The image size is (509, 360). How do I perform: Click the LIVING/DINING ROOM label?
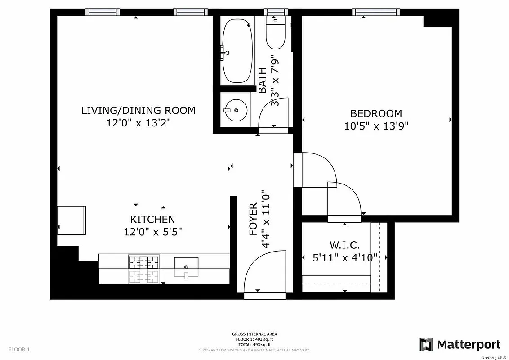click(138, 110)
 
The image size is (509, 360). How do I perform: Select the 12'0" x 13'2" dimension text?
click(138, 123)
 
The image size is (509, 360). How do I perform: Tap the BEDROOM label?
click(376, 113)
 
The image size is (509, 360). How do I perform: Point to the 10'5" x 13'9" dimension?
click(376, 126)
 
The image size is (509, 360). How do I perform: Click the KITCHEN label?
click(152, 220)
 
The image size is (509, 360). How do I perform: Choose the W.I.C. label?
click(345, 245)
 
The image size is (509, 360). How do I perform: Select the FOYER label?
click(254, 220)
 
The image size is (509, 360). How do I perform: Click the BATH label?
click(263, 80)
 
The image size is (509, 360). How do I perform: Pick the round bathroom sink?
click(236, 110)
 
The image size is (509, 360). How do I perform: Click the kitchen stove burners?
click(144, 262)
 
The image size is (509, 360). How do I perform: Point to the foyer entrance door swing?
click(263, 275)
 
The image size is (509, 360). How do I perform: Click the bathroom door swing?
click(273, 115)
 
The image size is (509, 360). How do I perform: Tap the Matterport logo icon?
click(426, 345)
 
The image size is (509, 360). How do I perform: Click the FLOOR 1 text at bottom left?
click(19, 349)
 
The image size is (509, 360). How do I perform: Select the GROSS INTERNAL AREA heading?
click(254, 334)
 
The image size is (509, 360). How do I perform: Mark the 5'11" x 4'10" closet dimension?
click(345, 258)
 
